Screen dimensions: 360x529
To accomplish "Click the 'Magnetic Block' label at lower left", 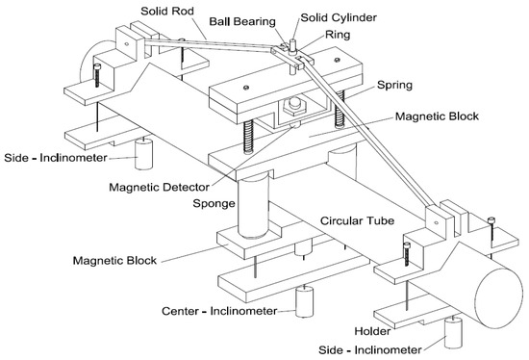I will [119, 261].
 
